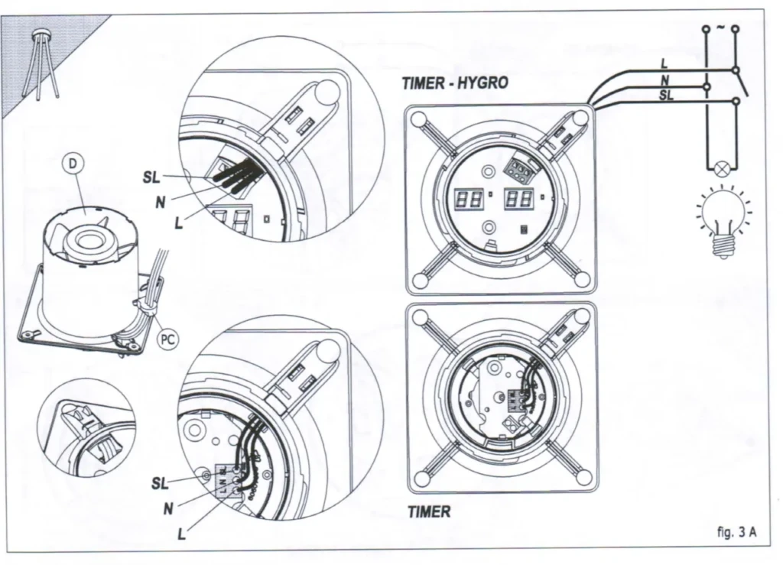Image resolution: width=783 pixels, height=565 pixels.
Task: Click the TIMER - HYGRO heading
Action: (454, 83)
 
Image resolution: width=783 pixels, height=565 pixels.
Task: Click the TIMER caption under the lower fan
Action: (428, 512)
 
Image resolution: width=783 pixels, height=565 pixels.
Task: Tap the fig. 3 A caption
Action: (738, 532)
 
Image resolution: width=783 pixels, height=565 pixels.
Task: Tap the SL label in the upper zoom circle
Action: (151, 177)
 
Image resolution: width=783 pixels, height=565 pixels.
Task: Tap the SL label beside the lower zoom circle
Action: (160, 482)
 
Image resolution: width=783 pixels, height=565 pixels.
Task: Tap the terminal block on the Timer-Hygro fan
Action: (520, 163)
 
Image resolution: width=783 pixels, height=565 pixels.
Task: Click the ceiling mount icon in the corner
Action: (38, 61)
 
